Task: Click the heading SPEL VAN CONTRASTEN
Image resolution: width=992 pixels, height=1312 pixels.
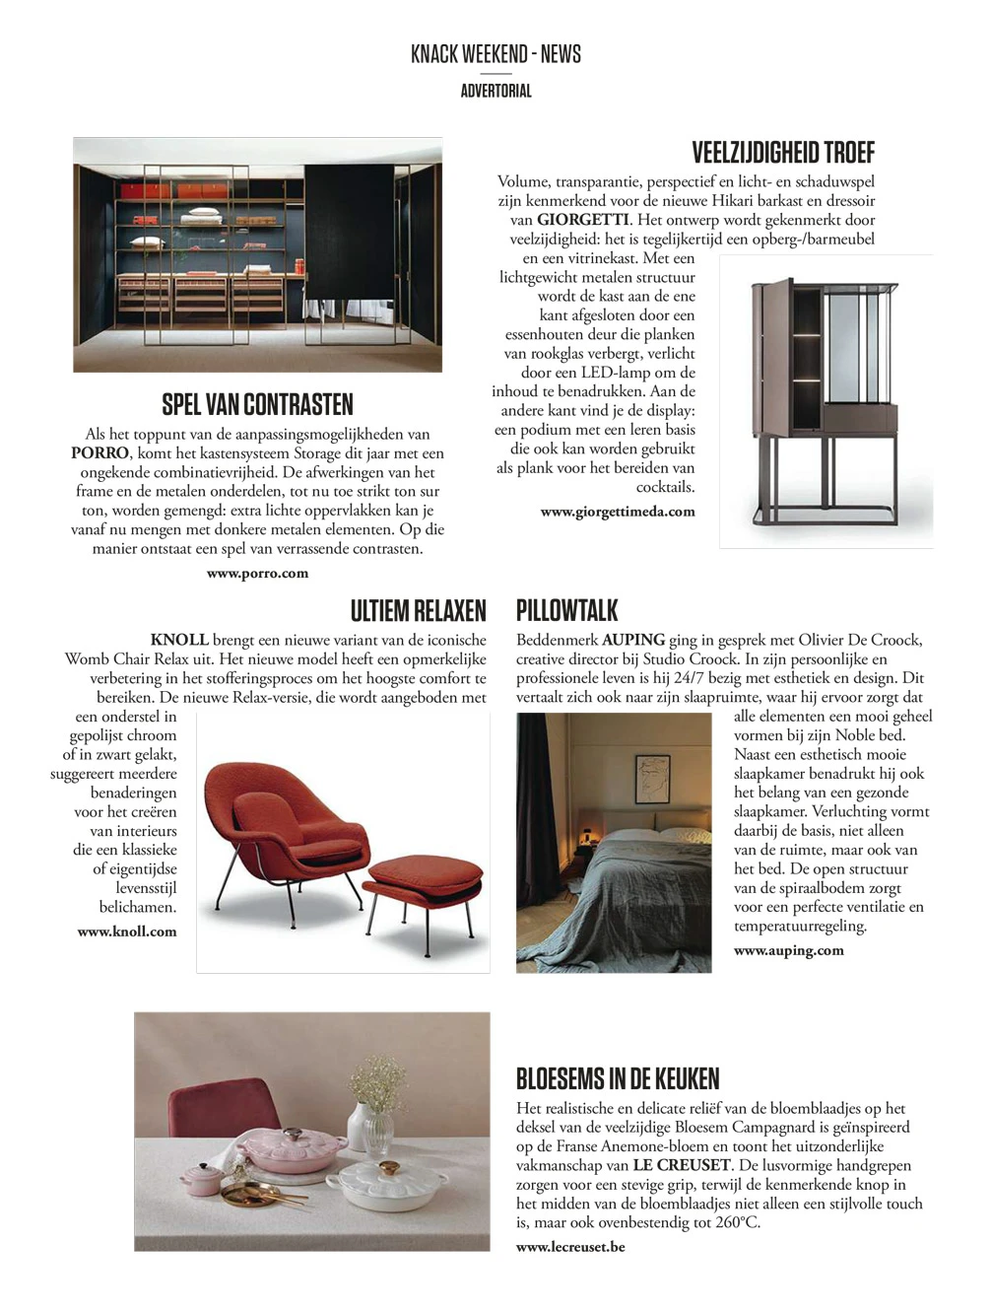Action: click(257, 404)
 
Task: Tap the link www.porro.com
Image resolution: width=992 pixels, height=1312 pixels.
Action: click(257, 573)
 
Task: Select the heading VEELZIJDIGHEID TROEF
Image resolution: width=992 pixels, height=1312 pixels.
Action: click(783, 153)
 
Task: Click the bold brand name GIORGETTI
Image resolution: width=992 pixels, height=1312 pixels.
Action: click(582, 220)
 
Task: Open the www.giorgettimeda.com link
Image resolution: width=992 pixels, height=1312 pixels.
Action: click(618, 512)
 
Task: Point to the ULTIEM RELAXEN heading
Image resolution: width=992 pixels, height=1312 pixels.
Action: click(418, 610)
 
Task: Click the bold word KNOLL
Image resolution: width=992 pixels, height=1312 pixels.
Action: click(179, 640)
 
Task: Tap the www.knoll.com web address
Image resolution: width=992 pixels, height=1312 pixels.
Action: click(127, 931)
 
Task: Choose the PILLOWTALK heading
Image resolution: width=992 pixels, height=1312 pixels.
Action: click(567, 610)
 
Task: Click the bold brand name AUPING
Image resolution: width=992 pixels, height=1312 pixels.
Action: click(633, 640)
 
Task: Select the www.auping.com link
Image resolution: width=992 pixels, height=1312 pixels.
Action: click(788, 950)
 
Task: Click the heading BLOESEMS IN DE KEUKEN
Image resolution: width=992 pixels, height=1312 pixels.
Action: click(618, 1078)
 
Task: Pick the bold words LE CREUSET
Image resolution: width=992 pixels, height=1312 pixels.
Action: click(682, 1165)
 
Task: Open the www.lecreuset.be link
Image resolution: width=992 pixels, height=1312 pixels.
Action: click(570, 1246)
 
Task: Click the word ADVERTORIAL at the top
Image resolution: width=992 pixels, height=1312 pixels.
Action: click(496, 91)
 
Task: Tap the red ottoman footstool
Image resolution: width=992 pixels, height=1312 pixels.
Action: click(425, 878)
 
